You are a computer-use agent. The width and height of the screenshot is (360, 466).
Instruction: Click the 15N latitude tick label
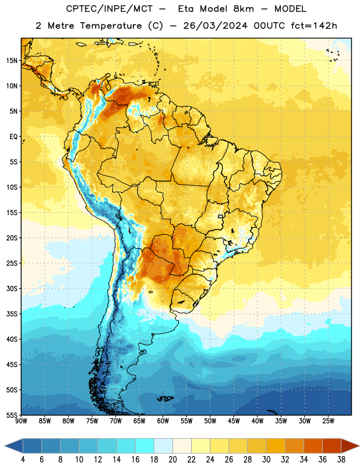pyautogui.click(x=12, y=61)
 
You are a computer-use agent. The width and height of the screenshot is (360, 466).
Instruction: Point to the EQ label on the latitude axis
pyautogui.click(x=13, y=137)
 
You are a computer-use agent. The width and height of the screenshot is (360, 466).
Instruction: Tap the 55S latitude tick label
pyautogui.click(x=12, y=415)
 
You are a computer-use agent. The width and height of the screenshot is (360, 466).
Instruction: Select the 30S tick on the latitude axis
pyautogui.click(x=12, y=288)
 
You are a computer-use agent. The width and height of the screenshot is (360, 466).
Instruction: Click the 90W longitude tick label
pyautogui.click(x=22, y=421)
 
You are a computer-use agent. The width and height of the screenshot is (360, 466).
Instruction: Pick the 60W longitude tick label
pyautogui.click(x=163, y=421)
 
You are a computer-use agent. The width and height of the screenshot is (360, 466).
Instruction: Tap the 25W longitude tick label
pyautogui.click(x=328, y=421)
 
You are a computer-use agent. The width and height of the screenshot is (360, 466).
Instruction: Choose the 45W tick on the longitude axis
pyautogui.click(x=234, y=421)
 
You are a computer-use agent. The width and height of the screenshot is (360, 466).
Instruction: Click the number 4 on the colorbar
pyautogui.click(x=23, y=460)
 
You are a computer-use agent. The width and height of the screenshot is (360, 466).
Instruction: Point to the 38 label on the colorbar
pyautogui.click(x=341, y=460)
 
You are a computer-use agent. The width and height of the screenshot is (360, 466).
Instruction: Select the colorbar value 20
pyautogui.click(x=172, y=460)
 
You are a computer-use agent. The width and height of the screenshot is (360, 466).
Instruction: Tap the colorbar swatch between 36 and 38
pyautogui.click(x=332, y=446)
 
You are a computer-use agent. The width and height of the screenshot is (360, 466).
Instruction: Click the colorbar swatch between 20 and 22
pyautogui.click(x=182, y=446)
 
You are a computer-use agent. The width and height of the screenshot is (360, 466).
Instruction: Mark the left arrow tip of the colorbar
pyautogui.click(x=5, y=446)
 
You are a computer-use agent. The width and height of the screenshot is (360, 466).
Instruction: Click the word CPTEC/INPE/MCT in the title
pyautogui.click(x=110, y=9)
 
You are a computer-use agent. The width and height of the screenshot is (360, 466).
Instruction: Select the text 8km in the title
pyautogui.click(x=243, y=9)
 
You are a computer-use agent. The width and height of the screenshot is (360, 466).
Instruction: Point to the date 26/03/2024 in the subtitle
pyautogui.click(x=215, y=26)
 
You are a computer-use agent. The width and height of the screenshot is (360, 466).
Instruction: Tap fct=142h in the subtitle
pyautogui.click(x=314, y=26)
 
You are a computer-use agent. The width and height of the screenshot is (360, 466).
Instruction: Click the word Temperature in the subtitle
pyautogui.click(x=111, y=26)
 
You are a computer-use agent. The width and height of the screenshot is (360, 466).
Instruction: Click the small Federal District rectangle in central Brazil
pyautogui.click(x=221, y=216)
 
